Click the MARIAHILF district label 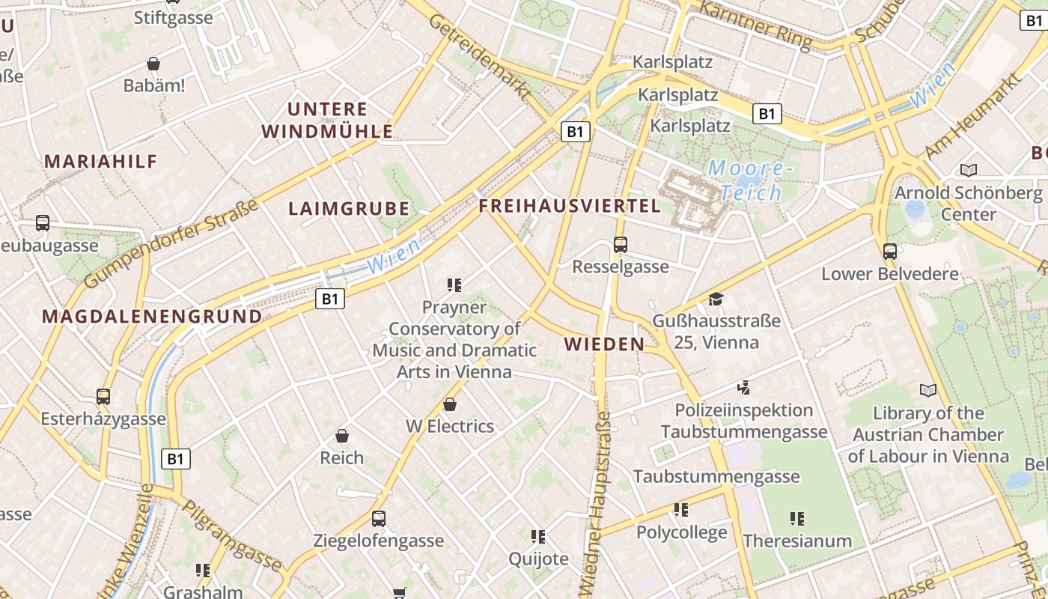click(x=101, y=161)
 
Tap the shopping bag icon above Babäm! click(x=153, y=64)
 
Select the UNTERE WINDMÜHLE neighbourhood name click(x=327, y=121)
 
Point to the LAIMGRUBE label click(x=349, y=209)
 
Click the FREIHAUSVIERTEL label click(x=570, y=206)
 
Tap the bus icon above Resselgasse click(x=620, y=244)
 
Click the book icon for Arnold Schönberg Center click(x=969, y=171)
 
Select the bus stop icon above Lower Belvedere click(x=889, y=251)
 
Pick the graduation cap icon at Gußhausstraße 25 click(x=716, y=299)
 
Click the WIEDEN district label click(x=604, y=344)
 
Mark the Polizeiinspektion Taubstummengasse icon click(x=743, y=387)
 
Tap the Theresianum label click(x=797, y=541)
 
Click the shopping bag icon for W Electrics click(x=450, y=404)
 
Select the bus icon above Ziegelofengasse click(x=379, y=518)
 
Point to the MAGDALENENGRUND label click(x=152, y=317)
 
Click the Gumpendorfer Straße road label click(x=172, y=244)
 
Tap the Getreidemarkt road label click(x=479, y=57)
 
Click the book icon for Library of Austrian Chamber click(x=927, y=390)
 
